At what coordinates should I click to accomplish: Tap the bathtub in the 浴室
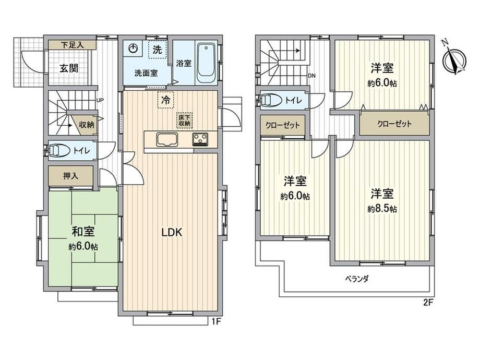pyautogui.click(x=206, y=63)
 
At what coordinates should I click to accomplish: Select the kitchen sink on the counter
pyautogui.click(x=167, y=140)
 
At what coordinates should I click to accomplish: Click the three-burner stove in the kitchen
pyautogui.click(x=200, y=139)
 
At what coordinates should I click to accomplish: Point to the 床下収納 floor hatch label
pyautogui.click(x=184, y=121)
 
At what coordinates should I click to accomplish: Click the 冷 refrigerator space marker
pyautogui.click(x=165, y=100)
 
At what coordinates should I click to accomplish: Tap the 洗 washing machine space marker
pyautogui.click(x=158, y=49)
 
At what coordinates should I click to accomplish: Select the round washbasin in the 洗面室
pyautogui.click(x=133, y=48)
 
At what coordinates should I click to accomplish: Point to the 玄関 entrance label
pyautogui.click(x=68, y=68)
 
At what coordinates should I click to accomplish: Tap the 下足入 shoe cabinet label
pyautogui.click(x=72, y=45)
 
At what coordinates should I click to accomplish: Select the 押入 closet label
pyautogui.click(x=71, y=176)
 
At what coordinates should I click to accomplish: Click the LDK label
pyautogui.click(x=172, y=232)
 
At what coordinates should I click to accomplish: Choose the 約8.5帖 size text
pyautogui.click(x=382, y=209)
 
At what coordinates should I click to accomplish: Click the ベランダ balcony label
pyautogui.click(x=357, y=279)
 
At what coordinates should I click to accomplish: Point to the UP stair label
pyautogui.click(x=100, y=100)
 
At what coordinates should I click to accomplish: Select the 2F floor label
pyautogui.click(x=428, y=303)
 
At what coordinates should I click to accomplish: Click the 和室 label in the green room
pyautogui.click(x=83, y=232)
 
